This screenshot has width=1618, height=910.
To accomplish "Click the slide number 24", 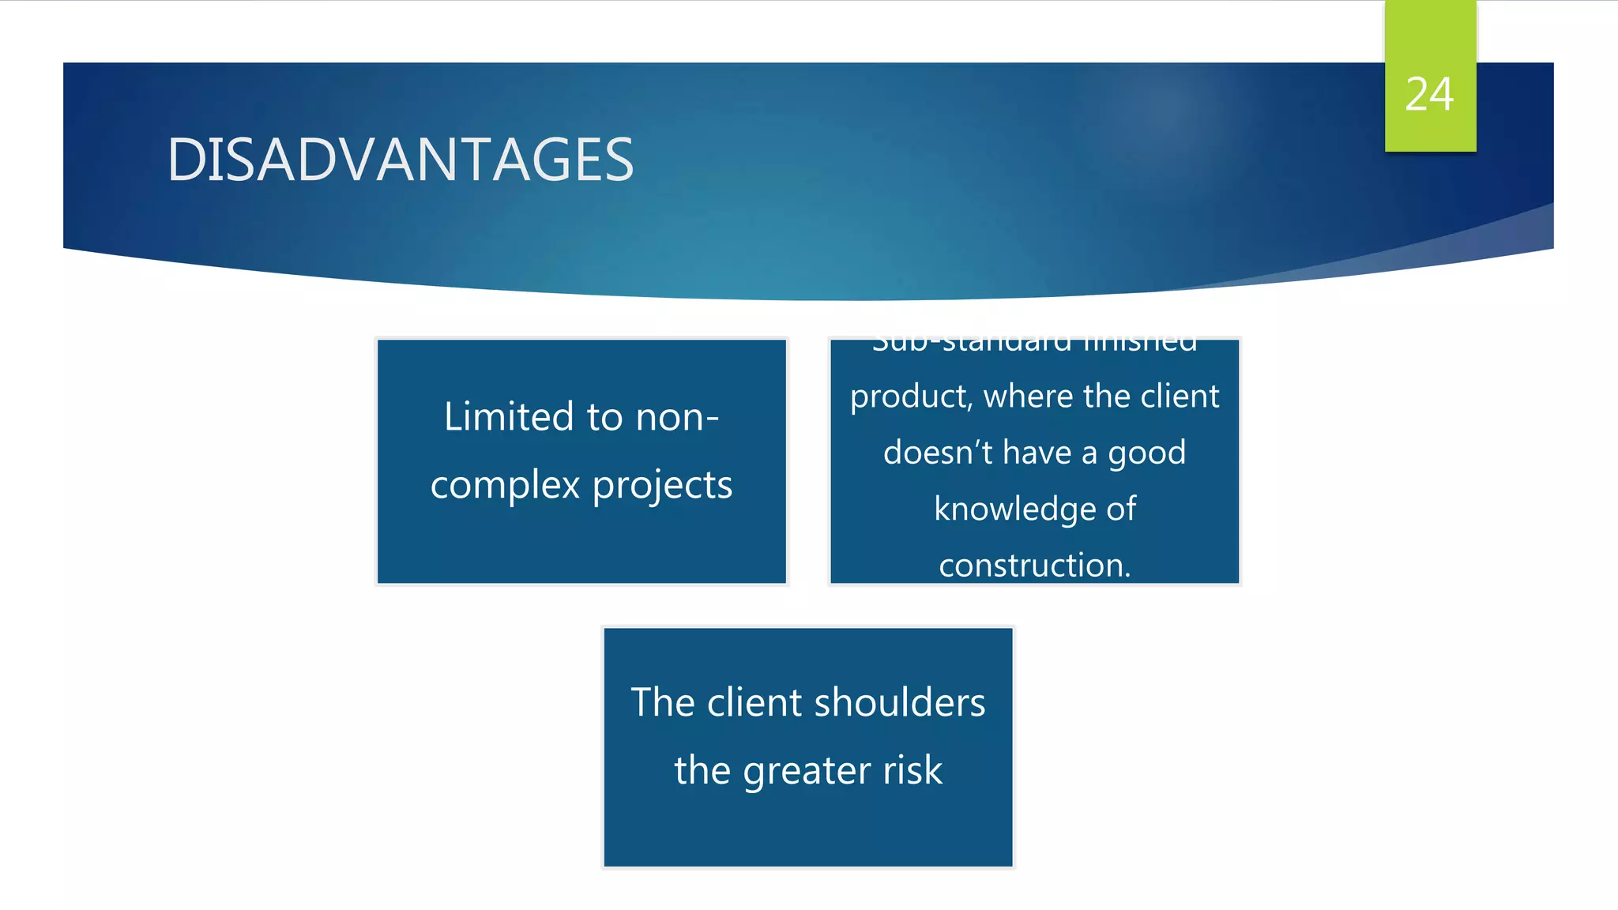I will click(1429, 95).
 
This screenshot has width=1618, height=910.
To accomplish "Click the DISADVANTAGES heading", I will click(401, 160).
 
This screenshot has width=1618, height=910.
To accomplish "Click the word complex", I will click(505, 484).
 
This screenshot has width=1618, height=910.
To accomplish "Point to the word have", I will click(1037, 452).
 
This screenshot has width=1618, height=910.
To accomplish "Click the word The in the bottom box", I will click(662, 702).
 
